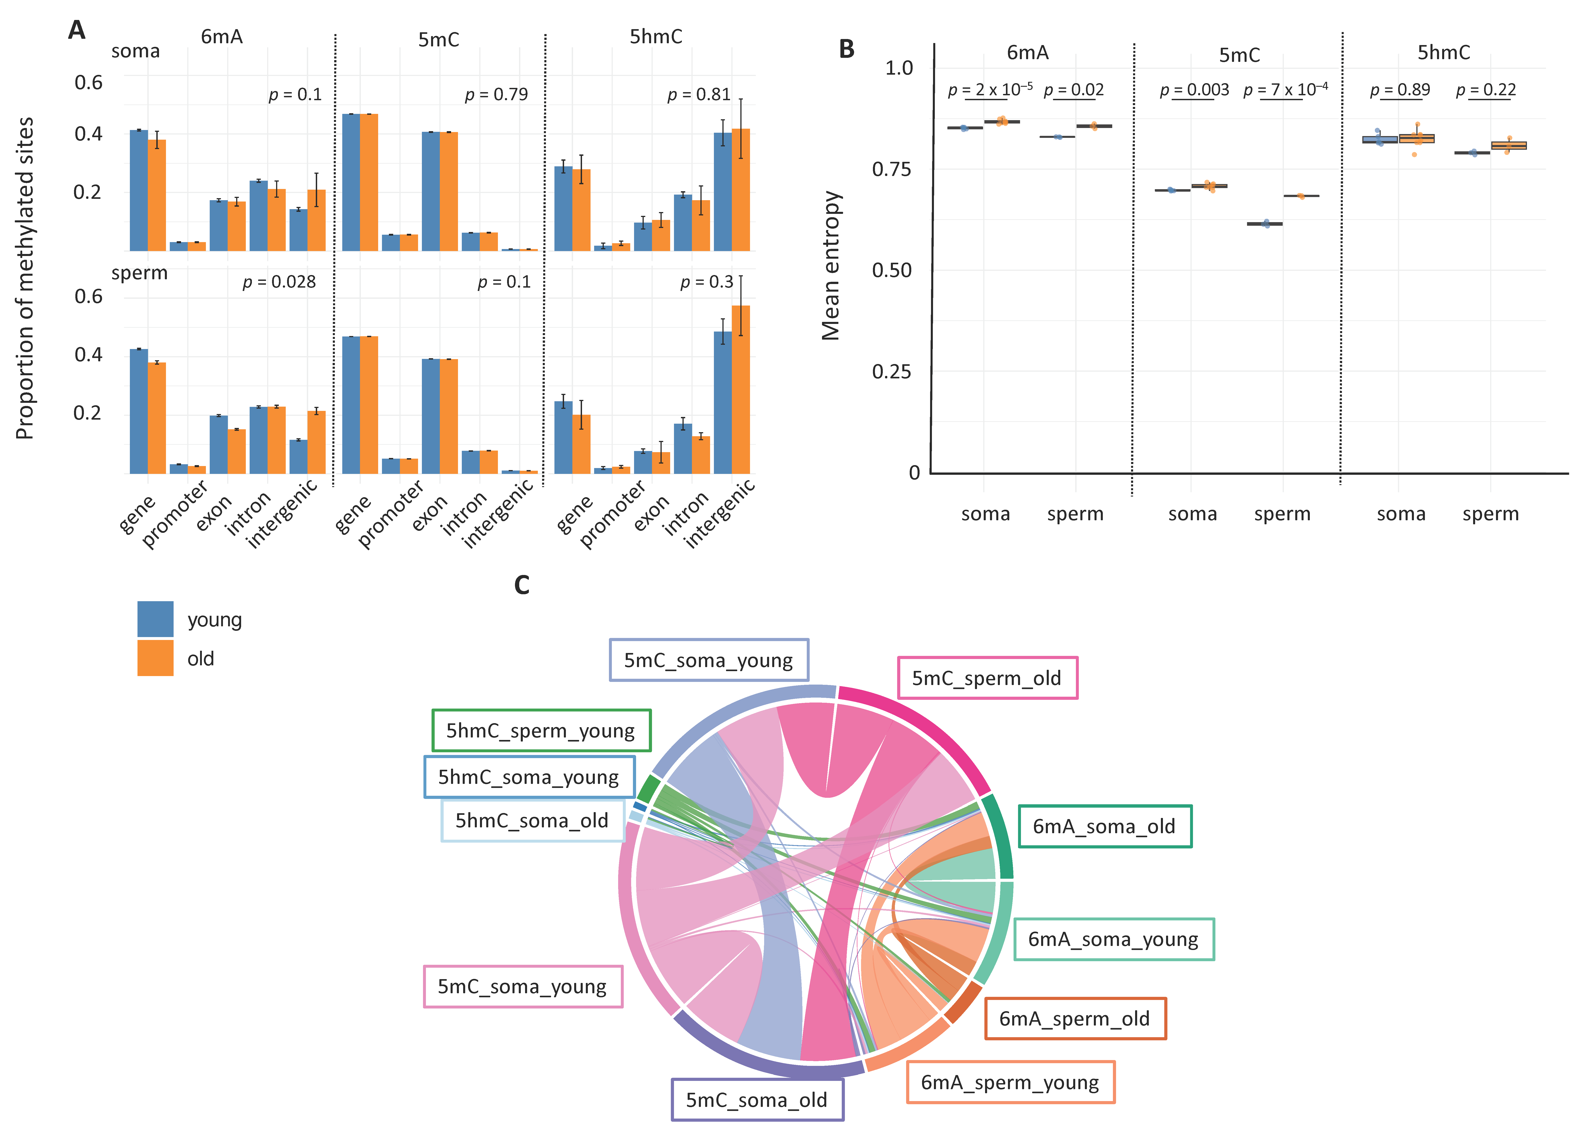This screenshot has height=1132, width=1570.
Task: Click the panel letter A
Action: coord(77,30)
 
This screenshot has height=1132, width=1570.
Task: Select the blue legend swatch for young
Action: coord(155,619)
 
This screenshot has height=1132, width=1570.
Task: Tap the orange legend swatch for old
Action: coord(155,658)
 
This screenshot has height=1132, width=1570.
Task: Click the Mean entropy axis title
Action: coord(831,266)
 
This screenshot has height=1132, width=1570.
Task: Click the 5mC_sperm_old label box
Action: coord(987,678)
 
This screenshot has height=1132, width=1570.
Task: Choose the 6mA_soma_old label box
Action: coord(1104,826)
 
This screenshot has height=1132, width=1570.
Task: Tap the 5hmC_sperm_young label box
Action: coord(541,731)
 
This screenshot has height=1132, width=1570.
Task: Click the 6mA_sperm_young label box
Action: coord(1010,1082)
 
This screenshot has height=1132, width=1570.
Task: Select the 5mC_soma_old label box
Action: coord(757,1099)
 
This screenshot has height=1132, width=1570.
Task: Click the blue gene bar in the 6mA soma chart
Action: coord(138,190)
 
